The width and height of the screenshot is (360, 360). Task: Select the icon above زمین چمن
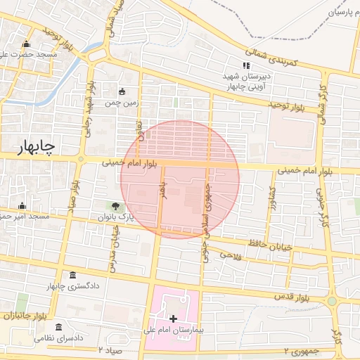122,91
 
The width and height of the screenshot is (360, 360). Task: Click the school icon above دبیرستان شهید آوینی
245,66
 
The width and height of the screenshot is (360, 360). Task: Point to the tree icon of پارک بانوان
115,206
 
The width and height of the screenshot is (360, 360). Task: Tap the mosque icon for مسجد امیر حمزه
22,206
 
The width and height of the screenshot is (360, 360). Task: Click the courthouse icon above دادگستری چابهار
73,275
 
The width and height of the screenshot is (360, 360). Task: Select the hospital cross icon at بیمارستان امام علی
174,319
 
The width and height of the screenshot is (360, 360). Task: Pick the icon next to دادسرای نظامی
58,327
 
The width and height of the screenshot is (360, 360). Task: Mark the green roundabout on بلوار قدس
332,301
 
